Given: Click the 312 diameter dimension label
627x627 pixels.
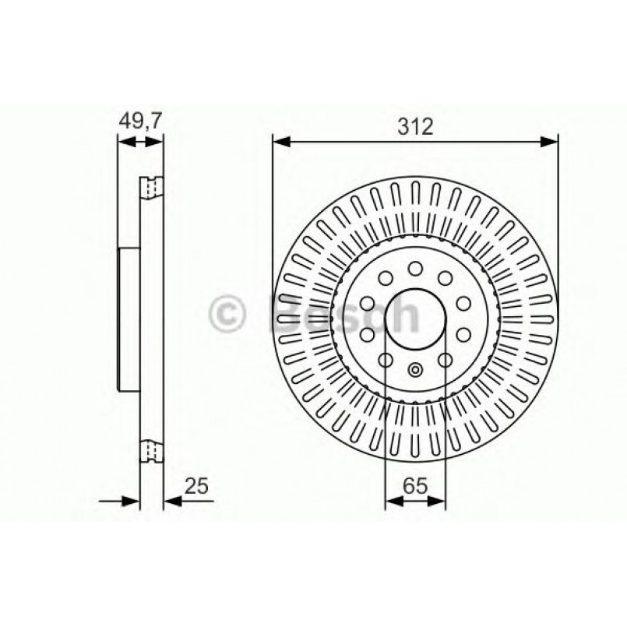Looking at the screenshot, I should click(415, 127).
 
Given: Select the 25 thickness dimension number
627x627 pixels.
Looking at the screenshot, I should click(197, 488).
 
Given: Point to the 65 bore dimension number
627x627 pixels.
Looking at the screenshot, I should click(415, 488).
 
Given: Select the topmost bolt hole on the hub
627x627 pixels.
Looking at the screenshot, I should click(415, 269).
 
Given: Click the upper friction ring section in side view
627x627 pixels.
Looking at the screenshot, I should click(151, 188).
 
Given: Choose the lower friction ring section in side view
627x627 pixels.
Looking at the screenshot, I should click(151, 451).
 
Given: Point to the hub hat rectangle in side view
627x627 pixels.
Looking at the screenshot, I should click(129, 319).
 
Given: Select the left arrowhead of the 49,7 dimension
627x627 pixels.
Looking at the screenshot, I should click(122, 141).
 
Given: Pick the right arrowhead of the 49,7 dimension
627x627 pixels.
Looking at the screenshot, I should click(157, 141).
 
